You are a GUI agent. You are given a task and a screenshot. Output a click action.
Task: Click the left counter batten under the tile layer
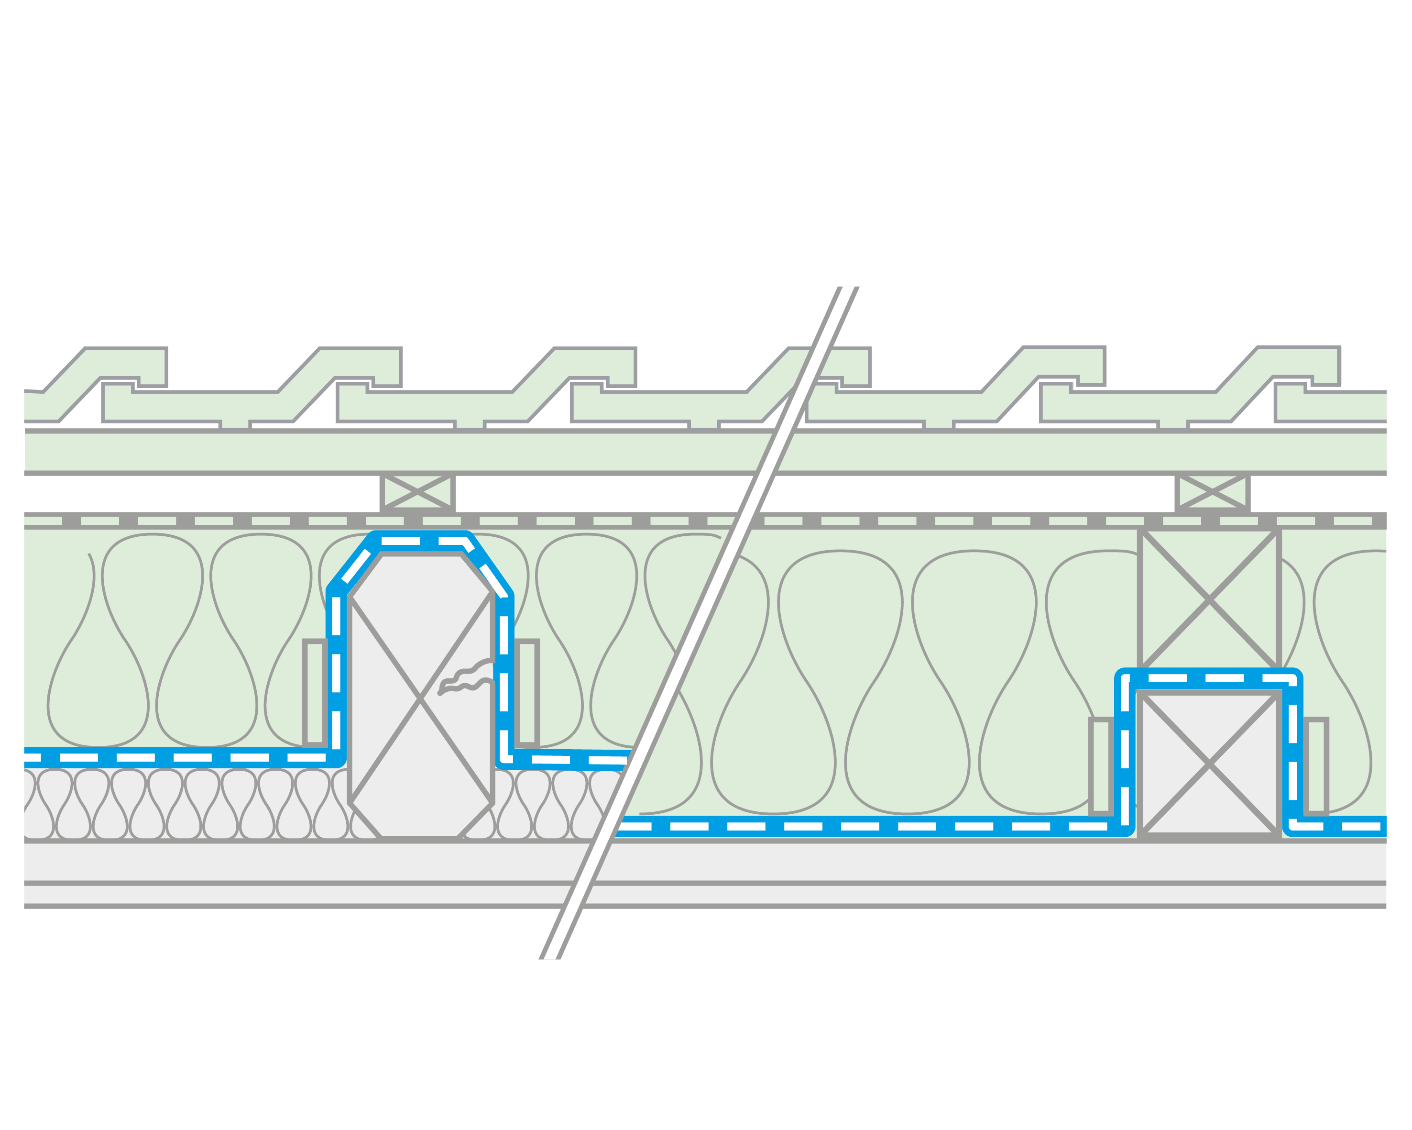tap(417, 491)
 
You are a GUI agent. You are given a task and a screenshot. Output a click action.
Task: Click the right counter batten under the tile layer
tap(1212, 491)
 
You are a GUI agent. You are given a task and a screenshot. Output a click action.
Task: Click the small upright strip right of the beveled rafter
tap(526, 693)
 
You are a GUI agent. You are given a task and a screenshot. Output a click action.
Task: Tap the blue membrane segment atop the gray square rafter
tap(1208, 677)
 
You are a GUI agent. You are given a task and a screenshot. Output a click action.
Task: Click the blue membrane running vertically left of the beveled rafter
tap(336, 675)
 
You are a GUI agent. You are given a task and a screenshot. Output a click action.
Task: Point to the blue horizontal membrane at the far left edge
tap(131, 757)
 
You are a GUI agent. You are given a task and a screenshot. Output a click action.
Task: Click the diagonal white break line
tap(698, 623)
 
